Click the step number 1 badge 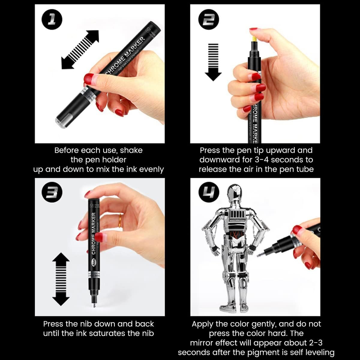[x=52, y=19]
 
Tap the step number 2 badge [x=208, y=19]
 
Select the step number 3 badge [x=52, y=192]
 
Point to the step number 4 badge [x=209, y=192]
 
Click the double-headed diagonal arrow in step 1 [x=80, y=49]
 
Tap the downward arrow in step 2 [x=213, y=62]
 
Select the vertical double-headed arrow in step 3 [x=61, y=279]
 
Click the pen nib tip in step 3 [x=94, y=306]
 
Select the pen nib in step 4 [x=261, y=255]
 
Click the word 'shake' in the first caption [x=131, y=150]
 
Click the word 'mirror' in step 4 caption [x=202, y=343]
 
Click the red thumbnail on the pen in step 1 [x=89, y=79]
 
